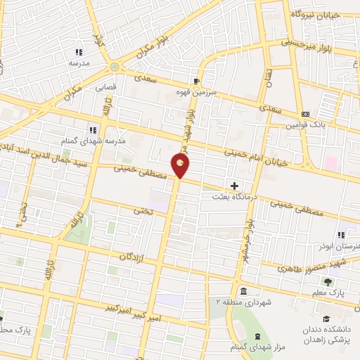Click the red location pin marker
[x=181, y=165]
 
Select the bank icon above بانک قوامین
[x=305, y=114]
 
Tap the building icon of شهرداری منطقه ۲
[x=243, y=291]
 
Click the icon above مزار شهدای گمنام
[x=257, y=337]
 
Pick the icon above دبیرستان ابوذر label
[x=341, y=236]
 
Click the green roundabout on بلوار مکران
[x=115, y=67]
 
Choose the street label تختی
[x=143, y=210]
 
